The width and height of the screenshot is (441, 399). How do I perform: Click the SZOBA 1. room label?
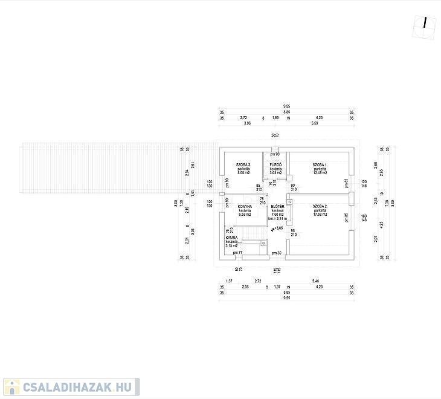(x=320, y=164)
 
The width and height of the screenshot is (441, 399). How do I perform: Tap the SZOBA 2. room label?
(x=320, y=206)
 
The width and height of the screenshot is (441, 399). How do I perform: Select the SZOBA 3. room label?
(x=244, y=164)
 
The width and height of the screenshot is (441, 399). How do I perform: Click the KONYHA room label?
(x=245, y=206)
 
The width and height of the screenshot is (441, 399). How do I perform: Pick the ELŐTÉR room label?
(x=278, y=206)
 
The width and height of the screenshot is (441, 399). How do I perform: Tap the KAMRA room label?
(x=231, y=238)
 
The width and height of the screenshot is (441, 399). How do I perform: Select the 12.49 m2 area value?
(x=320, y=173)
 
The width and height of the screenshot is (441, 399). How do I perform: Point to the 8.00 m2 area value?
(x=244, y=173)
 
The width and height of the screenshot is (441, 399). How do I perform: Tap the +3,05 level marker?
(x=278, y=229)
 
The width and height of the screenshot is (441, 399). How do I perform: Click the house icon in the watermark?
(x=11, y=387)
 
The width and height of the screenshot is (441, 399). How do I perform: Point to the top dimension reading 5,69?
(x=315, y=123)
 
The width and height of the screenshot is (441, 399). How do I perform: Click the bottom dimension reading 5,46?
(x=315, y=281)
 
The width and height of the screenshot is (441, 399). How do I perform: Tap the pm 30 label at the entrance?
(x=277, y=252)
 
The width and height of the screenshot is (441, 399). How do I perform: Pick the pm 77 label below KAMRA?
(x=237, y=252)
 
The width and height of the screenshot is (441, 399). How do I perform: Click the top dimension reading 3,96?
(x=247, y=123)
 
